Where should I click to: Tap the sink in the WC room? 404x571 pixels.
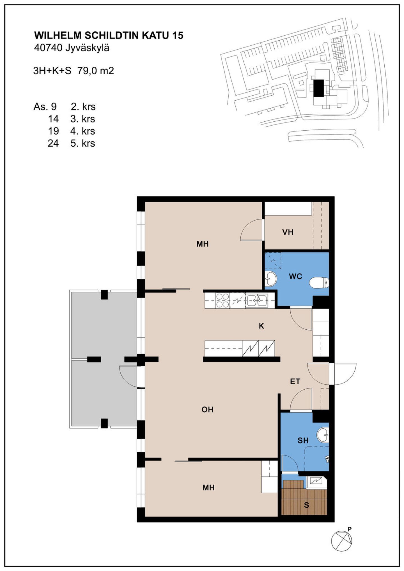point(271,279)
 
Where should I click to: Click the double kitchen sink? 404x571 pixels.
point(257,300)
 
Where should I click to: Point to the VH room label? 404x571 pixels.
point(288,232)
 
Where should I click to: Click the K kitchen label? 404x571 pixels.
point(261,326)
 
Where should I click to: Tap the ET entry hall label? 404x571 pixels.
point(295,381)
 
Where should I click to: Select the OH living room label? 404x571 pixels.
point(207,410)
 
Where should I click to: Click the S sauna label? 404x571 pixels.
point(306,505)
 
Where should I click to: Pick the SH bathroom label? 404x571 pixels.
point(303,440)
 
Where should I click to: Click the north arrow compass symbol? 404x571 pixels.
point(341,541)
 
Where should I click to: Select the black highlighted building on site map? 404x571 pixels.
point(319,88)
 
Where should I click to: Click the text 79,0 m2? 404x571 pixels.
point(96,71)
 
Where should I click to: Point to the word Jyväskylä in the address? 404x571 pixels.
point(87,48)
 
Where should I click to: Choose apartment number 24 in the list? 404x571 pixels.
point(53,143)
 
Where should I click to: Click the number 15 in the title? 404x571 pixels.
point(178,35)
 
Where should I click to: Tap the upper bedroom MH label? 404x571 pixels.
point(203,244)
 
